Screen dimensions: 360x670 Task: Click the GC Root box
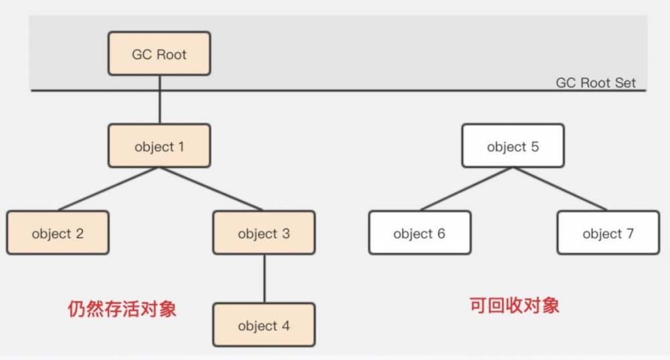[159, 54]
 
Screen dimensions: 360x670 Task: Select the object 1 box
[159, 146]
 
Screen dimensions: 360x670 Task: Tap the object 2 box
[58, 233]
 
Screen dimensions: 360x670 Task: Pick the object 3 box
[264, 233]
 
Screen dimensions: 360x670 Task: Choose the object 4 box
[264, 326]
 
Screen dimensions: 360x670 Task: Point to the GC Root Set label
[596, 83]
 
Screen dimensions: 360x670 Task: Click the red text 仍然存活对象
[122, 308]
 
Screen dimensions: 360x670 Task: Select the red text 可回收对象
[514, 306]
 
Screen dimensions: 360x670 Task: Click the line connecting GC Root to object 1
[159, 101]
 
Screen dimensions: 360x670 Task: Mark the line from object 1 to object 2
[107, 190]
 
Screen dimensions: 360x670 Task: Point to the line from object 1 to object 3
[211, 190]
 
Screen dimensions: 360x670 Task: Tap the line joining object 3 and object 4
[264, 279]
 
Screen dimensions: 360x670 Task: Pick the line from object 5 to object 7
[559, 190]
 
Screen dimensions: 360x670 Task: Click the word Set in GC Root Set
[624, 83]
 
